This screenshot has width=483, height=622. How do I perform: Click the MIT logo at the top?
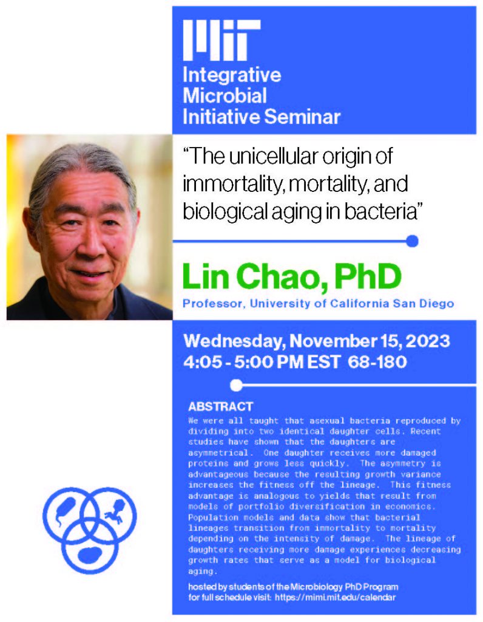point(222,39)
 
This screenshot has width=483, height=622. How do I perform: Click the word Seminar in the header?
point(302,117)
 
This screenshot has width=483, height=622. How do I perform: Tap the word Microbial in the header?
point(225,95)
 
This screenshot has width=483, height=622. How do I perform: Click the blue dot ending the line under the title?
point(412,241)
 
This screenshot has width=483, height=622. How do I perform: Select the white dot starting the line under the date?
point(236,385)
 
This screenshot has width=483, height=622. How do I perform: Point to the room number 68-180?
point(377,362)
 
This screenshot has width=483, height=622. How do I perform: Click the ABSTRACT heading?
point(220,406)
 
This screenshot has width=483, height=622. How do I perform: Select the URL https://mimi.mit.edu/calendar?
point(335,597)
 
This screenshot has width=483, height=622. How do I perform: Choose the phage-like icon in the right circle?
point(116,511)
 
